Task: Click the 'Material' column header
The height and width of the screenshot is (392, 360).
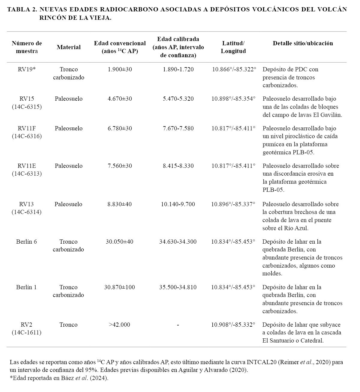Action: [69, 47]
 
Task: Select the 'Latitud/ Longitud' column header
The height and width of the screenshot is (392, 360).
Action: [233, 47]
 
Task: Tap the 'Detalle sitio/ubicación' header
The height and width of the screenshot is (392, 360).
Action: [303, 43]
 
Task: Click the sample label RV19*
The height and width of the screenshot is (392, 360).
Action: [27, 69]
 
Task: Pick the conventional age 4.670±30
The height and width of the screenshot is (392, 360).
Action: [120, 99]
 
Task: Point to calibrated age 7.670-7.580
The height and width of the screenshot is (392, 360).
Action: [178, 128]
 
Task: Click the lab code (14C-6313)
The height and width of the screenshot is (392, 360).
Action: [27, 174]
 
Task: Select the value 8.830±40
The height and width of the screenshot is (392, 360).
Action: [119, 204]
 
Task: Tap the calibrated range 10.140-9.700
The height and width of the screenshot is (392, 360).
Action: [178, 204]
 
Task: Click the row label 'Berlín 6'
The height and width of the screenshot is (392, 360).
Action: [26, 242]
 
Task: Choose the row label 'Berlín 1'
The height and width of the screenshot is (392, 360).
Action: [26, 287]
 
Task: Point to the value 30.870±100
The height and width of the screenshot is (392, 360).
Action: [119, 287]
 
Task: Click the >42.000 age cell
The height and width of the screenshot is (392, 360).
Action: [119, 325]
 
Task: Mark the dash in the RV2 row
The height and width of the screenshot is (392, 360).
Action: [178, 325]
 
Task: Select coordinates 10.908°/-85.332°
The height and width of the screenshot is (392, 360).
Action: [233, 325]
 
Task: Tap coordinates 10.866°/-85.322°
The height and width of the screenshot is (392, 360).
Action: [234, 69]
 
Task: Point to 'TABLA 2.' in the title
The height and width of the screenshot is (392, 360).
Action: [22, 9]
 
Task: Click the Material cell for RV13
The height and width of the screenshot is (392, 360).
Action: [68, 204]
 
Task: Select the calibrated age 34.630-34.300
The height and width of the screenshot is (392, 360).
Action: [178, 242]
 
